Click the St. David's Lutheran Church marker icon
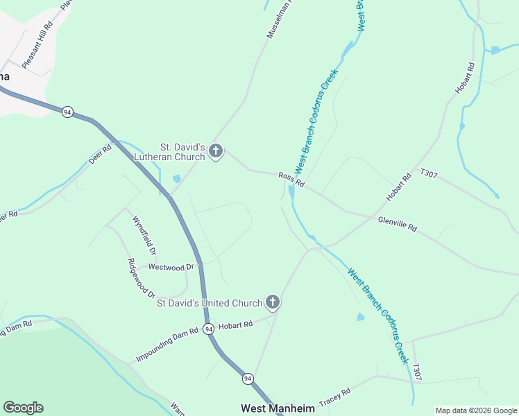[x=216, y=151]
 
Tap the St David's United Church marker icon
[x=273, y=302]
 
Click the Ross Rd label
[x=291, y=180]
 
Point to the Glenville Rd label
[x=398, y=223]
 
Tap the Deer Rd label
[x=100, y=154]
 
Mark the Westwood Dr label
[x=166, y=267]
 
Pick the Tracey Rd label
[x=334, y=397]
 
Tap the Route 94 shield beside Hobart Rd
[x=209, y=330]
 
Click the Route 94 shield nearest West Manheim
[x=248, y=379]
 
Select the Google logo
[x=23, y=408]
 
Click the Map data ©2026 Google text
[x=476, y=410]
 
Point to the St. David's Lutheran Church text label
[x=182, y=152]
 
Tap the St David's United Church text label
[x=210, y=303]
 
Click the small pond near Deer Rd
[x=176, y=179]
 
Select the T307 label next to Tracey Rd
[x=416, y=372]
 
